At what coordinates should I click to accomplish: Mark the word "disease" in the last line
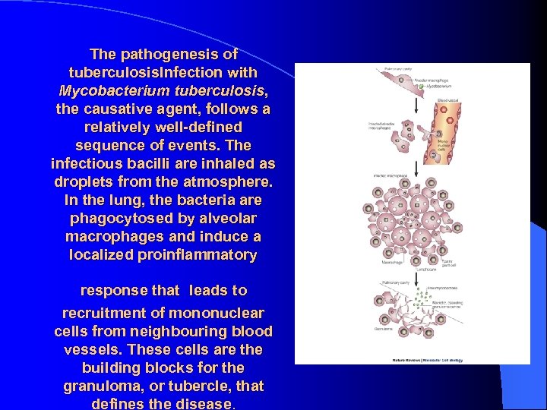pyautogui.click(x=201, y=404)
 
